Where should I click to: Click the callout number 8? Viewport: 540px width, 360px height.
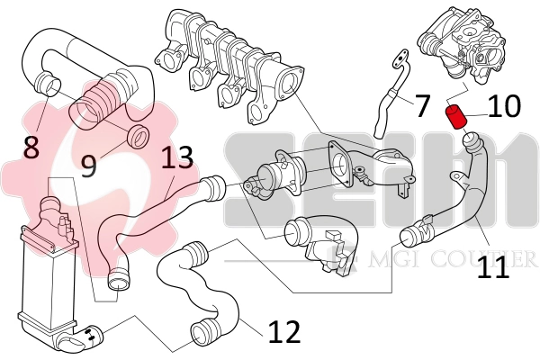click(31, 147)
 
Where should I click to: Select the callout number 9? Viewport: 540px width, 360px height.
click(88, 166)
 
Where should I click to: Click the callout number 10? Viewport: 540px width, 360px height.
click(505, 107)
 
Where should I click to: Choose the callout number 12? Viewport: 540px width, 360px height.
click(283, 332)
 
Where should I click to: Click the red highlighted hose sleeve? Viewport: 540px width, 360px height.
click(456, 116)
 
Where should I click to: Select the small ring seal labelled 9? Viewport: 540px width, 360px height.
click(139, 137)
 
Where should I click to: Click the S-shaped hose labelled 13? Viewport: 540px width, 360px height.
click(153, 216)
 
